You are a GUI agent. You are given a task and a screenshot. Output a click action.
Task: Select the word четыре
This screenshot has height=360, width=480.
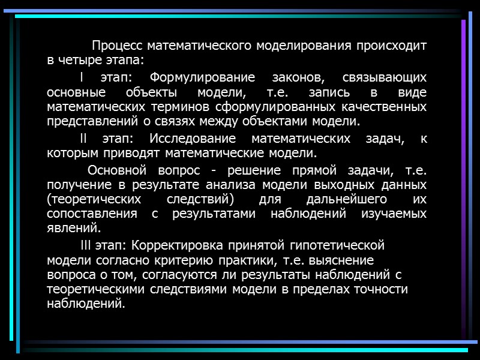pos(80,61)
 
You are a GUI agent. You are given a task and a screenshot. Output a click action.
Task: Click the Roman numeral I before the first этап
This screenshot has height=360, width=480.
pos(82,77)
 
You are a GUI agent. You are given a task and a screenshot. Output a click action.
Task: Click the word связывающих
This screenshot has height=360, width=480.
pos(384,77)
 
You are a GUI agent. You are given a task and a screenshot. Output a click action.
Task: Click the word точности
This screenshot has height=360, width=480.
pos(379,289)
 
